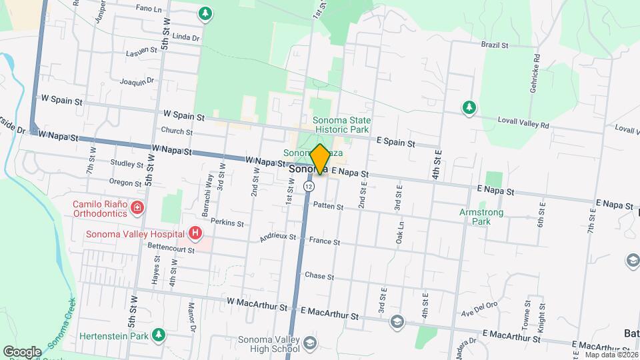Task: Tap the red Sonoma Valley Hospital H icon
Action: (x=195, y=233)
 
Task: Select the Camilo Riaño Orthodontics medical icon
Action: (x=137, y=207)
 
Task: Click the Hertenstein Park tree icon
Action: (x=158, y=334)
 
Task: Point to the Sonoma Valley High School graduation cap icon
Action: (x=309, y=343)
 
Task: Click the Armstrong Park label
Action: (x=481, y=216)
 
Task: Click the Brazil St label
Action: (x=495, y=45)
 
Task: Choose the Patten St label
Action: (x=328, y=207)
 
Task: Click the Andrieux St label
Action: (x=278, y=237)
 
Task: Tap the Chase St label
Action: (x=319, y=275)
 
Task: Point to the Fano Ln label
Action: (x=148, y=9)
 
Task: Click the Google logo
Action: (x=22, y=351)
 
